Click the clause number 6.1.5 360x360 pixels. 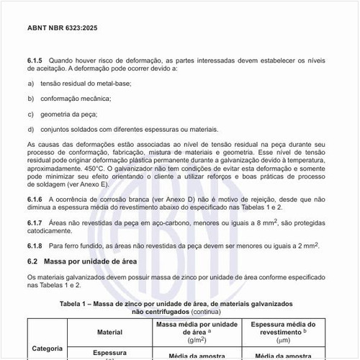(x=35, y=60)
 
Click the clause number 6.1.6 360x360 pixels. (x=35, y=198)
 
